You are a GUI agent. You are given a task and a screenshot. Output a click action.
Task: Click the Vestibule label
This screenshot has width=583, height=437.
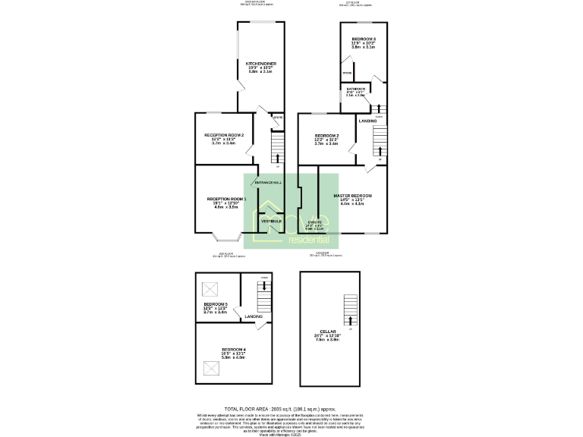point(272,221)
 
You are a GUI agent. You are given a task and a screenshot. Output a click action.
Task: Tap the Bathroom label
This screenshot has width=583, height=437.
point(355,89)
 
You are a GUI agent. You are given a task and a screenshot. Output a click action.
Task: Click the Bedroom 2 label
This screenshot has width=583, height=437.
point(326,135)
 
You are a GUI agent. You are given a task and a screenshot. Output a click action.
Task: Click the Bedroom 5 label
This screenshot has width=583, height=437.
point(216,304)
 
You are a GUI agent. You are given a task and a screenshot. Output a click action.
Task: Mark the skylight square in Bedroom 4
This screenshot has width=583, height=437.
point(210,369)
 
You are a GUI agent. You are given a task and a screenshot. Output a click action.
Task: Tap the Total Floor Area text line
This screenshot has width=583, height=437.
point(291,407)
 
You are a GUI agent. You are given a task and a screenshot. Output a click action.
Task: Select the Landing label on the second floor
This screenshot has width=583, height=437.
point(254,316)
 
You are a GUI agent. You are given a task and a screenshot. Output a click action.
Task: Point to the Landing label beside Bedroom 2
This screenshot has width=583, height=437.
point(367,121)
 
